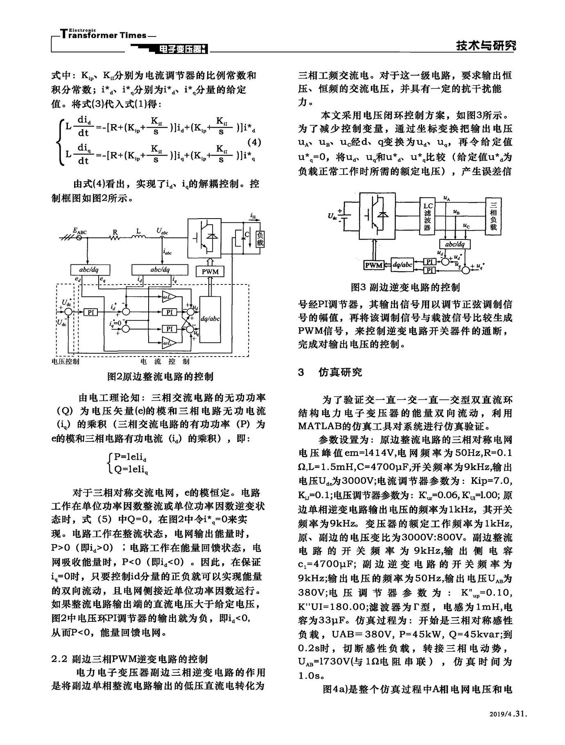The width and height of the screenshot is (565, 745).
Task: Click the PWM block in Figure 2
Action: [x=210, y=271]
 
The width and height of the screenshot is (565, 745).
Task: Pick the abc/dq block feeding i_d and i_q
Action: [x=160, y=270]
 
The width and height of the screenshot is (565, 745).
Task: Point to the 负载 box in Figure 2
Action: [x=260, y=239]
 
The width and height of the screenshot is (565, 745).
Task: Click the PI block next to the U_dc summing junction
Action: [x=91, y=312]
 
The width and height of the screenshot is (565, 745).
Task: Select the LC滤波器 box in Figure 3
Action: [x=427, y=217]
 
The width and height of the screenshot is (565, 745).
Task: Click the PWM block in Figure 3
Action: [x=374, y=265]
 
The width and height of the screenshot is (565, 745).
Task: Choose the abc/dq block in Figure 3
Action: [x=455, y=244]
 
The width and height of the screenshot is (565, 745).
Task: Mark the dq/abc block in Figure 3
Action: [x=402, y=265]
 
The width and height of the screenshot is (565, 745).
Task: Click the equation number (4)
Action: [x=255, y=143]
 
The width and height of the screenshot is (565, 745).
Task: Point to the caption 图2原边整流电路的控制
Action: [x=160, y=376]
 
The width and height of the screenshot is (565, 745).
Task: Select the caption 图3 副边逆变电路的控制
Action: [x=405, y=287]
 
